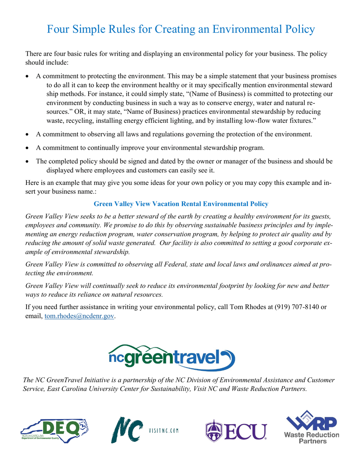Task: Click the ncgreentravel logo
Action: point(180,352)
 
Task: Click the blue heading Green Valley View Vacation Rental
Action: point(180,204)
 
